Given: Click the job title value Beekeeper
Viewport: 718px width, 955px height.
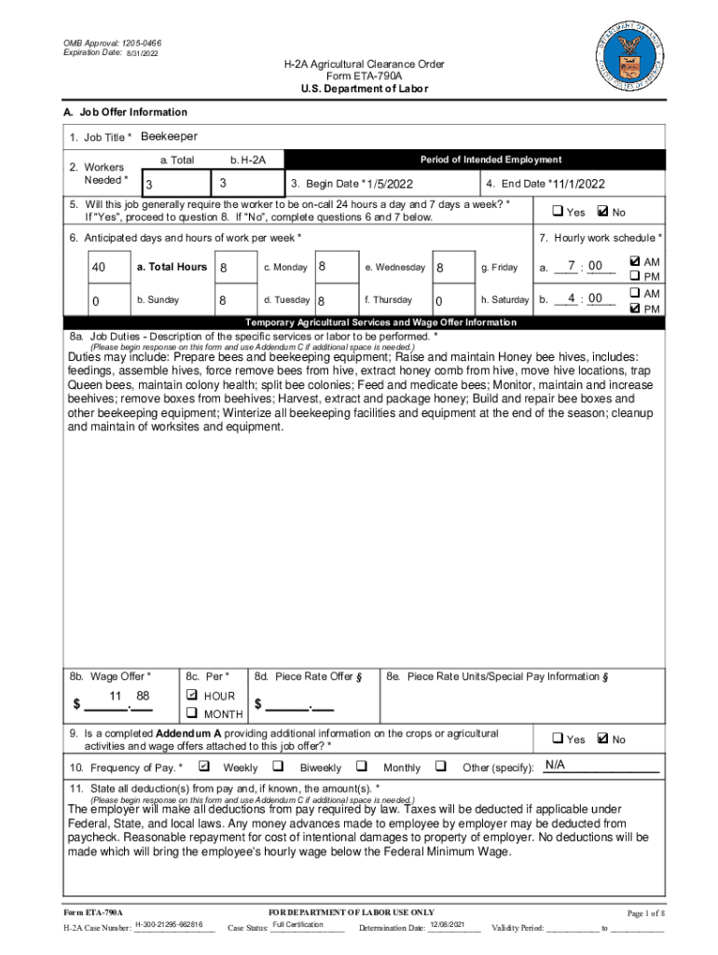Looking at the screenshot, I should (x=169, y=137).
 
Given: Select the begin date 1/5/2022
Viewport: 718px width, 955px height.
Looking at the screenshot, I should (x=390, y=184).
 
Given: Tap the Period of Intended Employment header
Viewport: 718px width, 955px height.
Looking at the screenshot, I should (x=490, y=159).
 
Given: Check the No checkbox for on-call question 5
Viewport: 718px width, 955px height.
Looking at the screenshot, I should (x=601, y=211).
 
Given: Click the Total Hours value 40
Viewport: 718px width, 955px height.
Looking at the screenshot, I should (x=98, y=268).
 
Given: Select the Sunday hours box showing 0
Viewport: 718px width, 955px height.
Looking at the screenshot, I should (x=98, y=300).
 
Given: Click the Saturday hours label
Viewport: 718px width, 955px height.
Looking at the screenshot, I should (x=504, y=300).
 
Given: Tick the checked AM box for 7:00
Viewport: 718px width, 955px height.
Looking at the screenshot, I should (x=635, y=262).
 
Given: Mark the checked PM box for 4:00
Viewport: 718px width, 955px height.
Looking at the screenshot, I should (x=635, y=308).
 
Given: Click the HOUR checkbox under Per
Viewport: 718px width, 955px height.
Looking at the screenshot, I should (x=192, y=696).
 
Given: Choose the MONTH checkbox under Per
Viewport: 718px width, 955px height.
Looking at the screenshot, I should (x=192, y=713).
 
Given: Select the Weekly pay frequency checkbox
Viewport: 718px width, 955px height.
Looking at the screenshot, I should (x=204, y=767).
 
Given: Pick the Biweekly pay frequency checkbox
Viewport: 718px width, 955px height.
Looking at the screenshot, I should (x=278, y=767).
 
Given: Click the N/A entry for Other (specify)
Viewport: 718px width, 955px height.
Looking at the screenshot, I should (x=556, y=766).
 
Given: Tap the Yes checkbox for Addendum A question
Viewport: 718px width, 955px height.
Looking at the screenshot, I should (x=557, y=738).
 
